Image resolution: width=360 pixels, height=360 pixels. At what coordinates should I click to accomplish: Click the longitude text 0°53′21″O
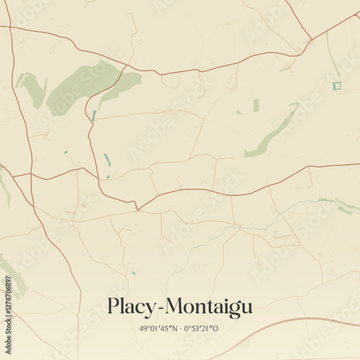(202, 328)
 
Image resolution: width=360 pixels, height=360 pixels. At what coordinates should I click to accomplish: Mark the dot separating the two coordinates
(180, 328)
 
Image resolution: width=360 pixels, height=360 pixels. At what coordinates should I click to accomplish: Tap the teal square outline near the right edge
(336, 86)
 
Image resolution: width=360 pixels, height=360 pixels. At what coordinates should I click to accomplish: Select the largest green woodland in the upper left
(79, 86)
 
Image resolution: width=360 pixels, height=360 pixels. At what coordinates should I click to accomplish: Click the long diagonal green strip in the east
(272, 131)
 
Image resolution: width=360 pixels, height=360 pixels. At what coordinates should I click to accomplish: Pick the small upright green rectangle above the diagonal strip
(256, 105)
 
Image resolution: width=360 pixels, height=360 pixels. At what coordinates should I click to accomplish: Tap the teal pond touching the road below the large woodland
(94, 115)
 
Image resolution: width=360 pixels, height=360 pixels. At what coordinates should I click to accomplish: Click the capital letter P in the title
(114, 306)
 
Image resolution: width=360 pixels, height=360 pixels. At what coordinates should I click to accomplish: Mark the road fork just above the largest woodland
(127, 66)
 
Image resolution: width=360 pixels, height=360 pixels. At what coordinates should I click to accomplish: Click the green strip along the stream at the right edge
(338, 204)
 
